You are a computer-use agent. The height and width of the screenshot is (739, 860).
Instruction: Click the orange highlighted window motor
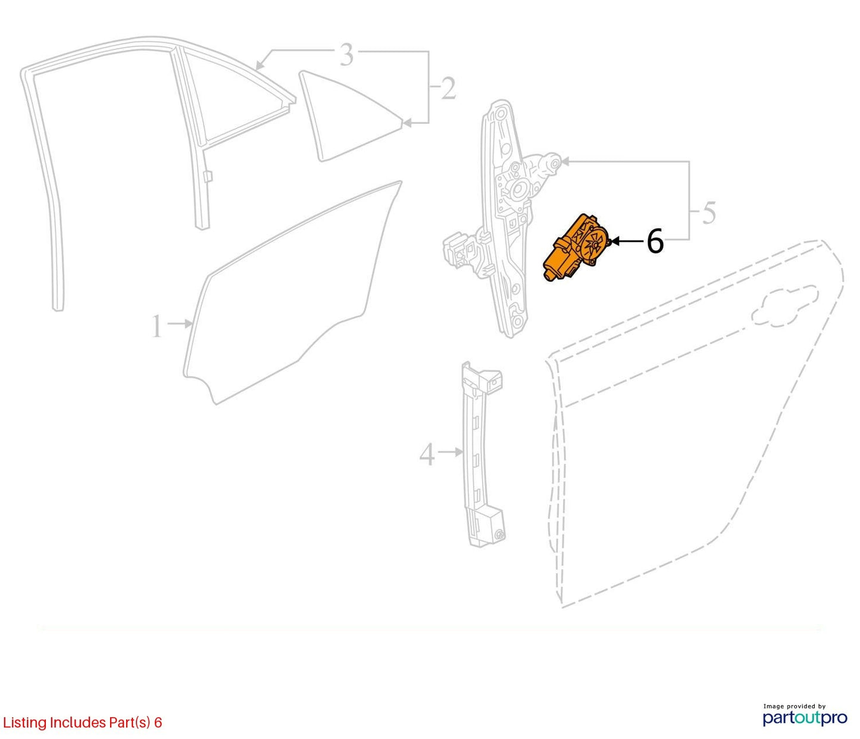[576, 248]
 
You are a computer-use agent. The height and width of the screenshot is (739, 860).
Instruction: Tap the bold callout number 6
[655, 241]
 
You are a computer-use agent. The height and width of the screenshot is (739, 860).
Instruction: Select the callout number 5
[709, 213]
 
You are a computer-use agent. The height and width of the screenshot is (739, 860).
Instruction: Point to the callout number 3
[346, 55]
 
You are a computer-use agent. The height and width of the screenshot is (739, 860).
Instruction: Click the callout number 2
[448, 88]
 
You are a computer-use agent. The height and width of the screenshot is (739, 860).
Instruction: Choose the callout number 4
[427, 454]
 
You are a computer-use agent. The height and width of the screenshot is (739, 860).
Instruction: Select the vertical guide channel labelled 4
[482, 454]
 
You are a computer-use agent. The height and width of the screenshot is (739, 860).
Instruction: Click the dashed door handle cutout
[784, 306]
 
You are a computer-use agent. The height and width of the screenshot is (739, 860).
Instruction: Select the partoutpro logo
[805, 718]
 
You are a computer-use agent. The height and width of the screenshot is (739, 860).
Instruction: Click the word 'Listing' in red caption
[25, 722]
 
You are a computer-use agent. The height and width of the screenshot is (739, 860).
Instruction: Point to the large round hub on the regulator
[519, 190]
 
